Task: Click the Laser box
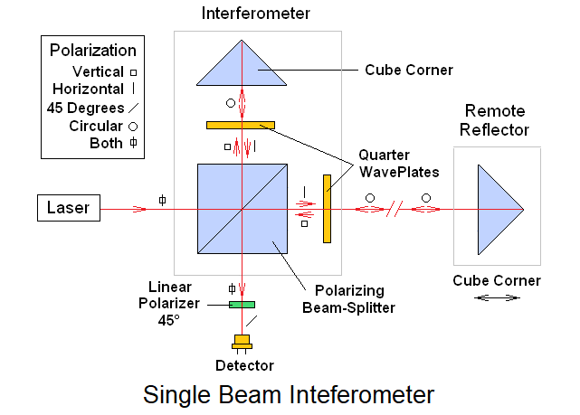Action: point(69,209)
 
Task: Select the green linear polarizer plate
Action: point(242,304)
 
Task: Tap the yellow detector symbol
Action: point(242,344)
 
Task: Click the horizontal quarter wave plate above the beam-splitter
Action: point(240,125)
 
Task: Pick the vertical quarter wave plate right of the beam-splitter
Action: point(327,209)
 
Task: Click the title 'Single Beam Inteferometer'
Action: point(289,395)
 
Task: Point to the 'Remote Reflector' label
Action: point(496,121)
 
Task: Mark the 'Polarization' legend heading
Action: point(92,52)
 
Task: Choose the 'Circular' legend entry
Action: point(96,126)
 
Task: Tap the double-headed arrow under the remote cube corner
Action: point(497,297)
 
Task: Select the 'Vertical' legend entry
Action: point(99,71)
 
